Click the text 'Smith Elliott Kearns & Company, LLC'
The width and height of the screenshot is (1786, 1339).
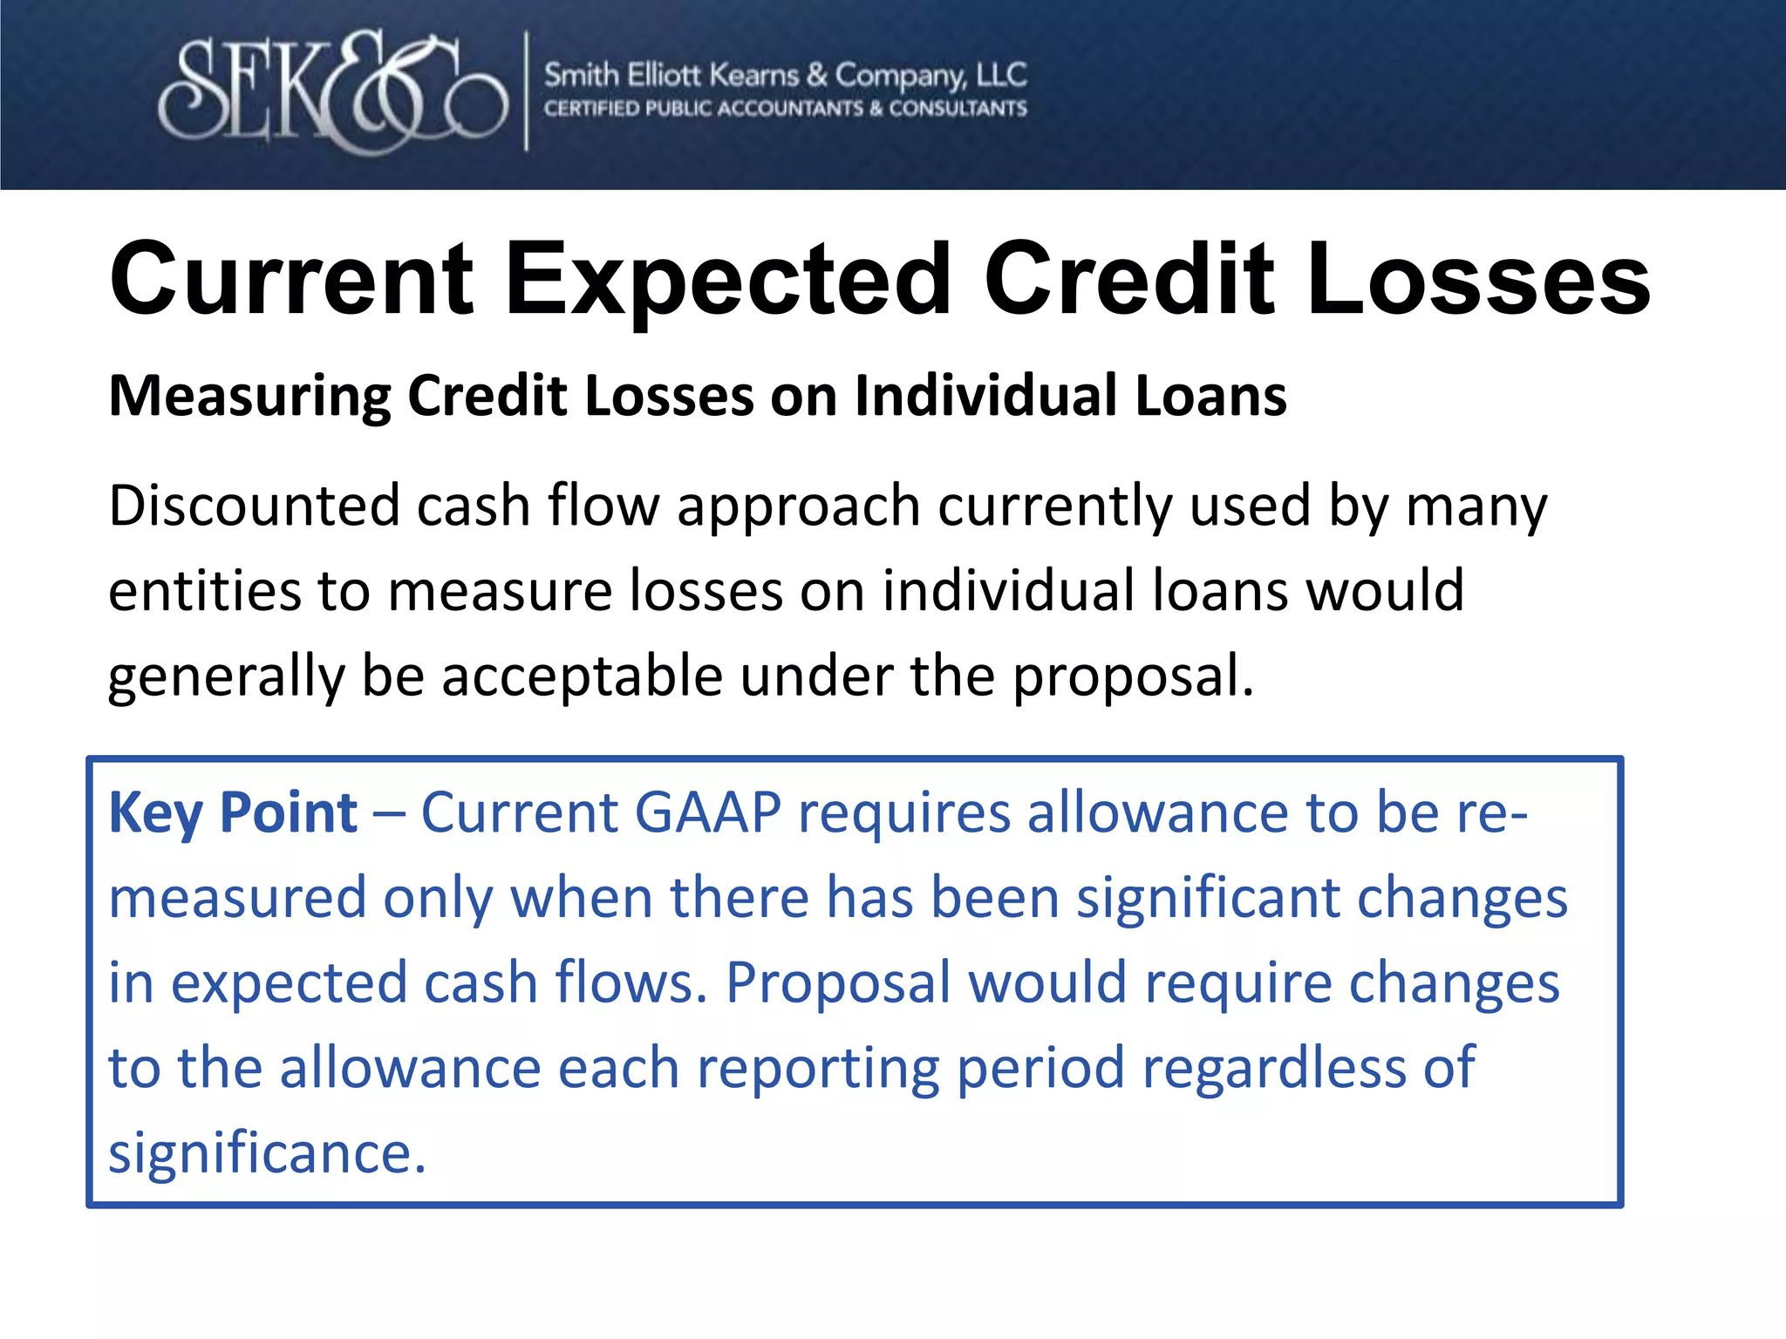785,76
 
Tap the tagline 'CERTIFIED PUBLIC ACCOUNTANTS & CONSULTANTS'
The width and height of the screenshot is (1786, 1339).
785,109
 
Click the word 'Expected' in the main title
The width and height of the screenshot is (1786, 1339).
728,281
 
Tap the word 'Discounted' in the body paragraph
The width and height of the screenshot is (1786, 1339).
253,506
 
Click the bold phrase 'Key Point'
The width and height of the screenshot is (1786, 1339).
233,813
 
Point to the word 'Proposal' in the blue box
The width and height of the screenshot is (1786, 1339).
837,983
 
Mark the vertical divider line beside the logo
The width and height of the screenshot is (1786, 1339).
526,92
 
